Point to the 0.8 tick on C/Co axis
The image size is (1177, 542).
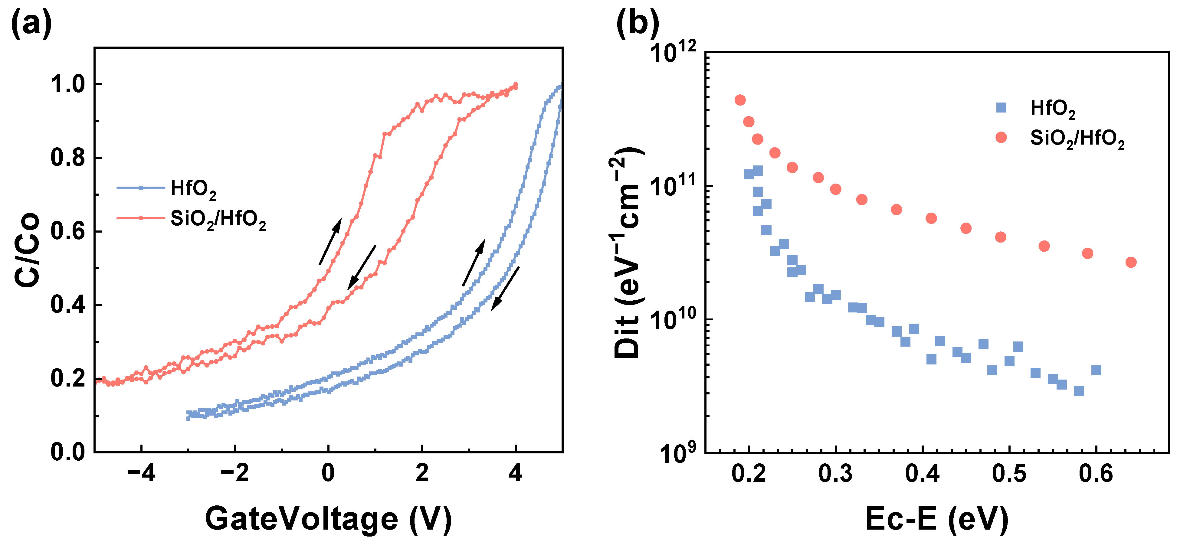(x=67, y=158)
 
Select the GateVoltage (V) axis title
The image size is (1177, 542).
(x=328, y=519)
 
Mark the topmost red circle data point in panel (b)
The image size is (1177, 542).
(x=740, y=100)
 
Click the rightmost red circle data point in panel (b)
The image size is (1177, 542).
(x=1131, y=262)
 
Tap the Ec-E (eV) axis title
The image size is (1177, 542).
(x=937, y=519)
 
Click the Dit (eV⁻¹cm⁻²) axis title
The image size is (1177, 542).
(x=628, y=253)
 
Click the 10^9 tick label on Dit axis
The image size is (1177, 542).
(x=676, y=454)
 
